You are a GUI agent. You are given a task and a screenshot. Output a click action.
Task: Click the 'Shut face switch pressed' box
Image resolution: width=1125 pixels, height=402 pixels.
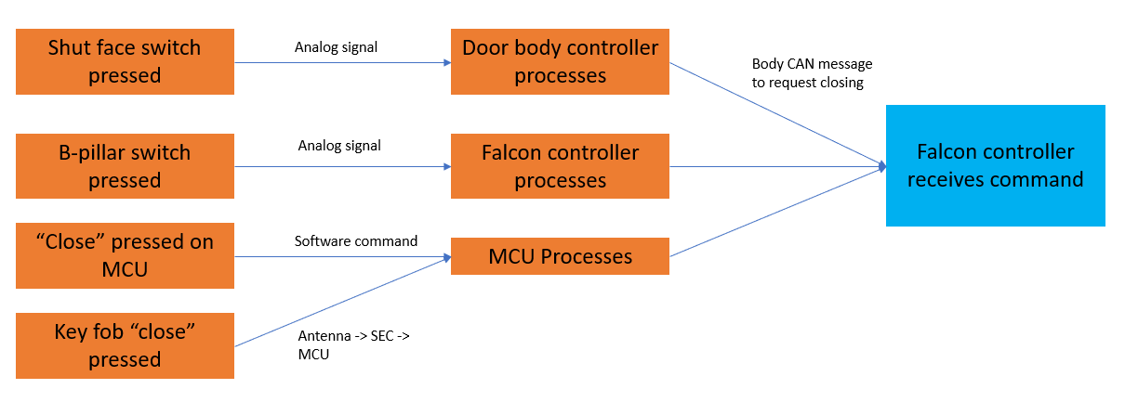[125, 61]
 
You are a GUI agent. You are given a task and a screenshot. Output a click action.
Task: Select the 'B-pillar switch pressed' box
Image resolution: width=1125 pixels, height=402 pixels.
[125, 166]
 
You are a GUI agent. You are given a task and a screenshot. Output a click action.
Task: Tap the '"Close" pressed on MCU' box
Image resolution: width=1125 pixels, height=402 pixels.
[125, 255]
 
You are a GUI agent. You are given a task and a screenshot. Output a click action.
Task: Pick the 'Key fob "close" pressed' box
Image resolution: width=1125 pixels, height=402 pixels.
[125, 345]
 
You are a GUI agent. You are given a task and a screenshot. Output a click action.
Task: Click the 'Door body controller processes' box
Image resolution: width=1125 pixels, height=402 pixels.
[560, 61]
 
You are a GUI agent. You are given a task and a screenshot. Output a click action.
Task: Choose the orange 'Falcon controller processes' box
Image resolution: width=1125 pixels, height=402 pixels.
[560, 166]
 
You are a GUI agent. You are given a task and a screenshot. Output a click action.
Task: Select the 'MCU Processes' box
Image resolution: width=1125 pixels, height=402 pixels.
[560, 256]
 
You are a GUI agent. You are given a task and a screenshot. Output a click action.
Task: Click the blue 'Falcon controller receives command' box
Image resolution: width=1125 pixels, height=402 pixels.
[995, 165]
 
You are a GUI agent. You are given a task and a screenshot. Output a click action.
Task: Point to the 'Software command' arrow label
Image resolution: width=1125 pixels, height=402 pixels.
[356, 241]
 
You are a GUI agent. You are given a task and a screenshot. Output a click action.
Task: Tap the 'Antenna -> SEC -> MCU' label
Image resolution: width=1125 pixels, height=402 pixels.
[353, 344]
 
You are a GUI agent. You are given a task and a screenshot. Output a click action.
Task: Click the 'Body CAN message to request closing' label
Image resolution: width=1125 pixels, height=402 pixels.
[812, 73]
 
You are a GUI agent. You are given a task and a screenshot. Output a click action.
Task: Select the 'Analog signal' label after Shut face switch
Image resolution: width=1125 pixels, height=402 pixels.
[336, 47]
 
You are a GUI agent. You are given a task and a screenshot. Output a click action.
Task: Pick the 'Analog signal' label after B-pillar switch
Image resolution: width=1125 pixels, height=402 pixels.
[339, 146]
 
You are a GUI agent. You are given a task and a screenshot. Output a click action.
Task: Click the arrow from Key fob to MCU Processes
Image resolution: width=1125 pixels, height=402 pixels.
[342, 303]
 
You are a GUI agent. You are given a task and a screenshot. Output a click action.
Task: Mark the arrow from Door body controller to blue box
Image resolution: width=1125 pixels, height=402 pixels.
[777, 116]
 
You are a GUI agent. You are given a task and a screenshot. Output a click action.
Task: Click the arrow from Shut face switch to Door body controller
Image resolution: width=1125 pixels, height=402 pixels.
[342, 62]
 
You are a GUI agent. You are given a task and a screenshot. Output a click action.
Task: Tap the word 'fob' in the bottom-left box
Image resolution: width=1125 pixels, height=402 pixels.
[115, 331]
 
